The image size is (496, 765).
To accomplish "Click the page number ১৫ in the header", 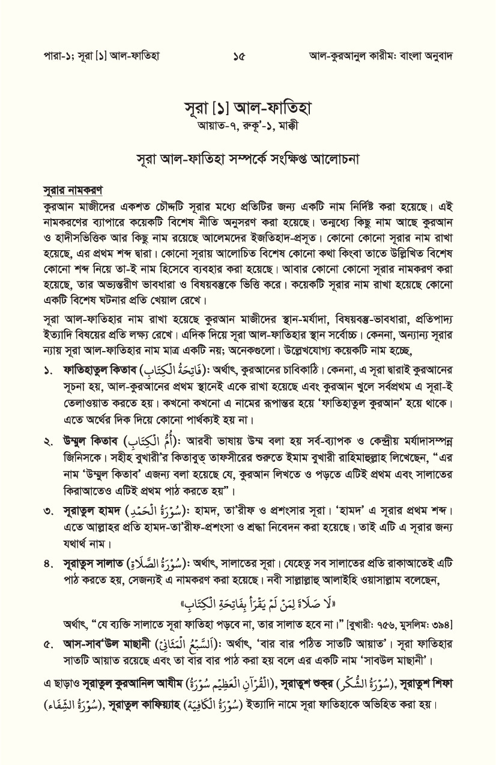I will coord(239,56).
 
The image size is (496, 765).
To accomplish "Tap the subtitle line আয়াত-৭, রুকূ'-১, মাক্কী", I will coord(247,128).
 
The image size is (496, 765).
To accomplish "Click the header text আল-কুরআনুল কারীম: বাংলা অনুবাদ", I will coord(380,56).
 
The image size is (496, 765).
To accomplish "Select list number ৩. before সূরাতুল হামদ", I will coord(49,512).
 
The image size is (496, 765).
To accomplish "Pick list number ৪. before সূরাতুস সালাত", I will coord(49,565).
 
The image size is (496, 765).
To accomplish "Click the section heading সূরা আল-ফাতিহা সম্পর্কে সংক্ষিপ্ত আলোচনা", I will coord(247,160).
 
